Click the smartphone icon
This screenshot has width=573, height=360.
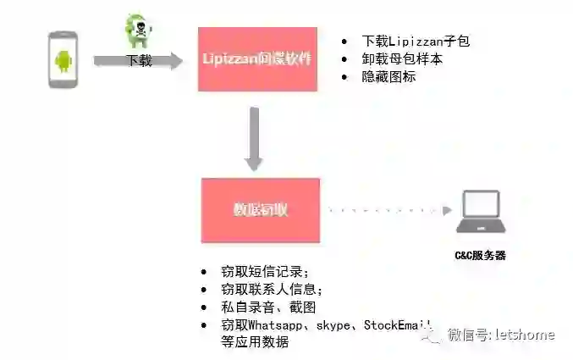[x=63, y=59]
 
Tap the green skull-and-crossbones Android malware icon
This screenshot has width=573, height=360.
[x=136, y=31]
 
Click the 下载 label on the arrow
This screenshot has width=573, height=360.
[x=139, y=61]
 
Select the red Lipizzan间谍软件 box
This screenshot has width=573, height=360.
[x=257, y=59]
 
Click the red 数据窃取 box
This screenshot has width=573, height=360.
[x=260, y=209]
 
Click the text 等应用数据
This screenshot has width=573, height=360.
[x=254, y=341]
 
